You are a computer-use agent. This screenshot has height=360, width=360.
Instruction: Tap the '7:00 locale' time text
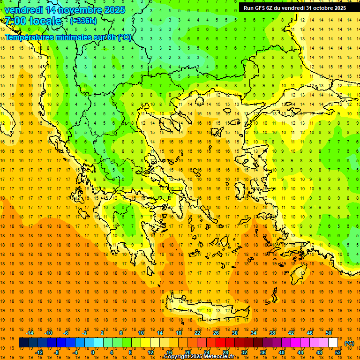[x=33, y=21]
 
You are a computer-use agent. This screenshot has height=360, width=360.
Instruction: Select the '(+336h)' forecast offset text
[x=83, y=21]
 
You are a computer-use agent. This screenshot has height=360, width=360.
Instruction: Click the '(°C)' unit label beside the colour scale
[x=349, y=343]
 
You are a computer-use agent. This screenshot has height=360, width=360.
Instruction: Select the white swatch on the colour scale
[x=333, y=343]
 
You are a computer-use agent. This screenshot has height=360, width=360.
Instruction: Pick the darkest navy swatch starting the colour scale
[x=23, y=343]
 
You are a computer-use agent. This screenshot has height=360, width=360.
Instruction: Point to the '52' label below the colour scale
[x=338, y=352]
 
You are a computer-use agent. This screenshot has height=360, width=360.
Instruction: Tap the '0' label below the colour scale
[x=93, y=352]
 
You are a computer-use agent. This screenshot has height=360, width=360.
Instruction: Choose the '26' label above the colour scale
[x=216, y=333]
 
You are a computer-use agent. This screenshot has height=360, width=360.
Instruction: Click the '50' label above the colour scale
[x=329, y=333]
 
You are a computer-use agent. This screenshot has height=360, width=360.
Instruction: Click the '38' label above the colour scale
[x=272, y=333]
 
